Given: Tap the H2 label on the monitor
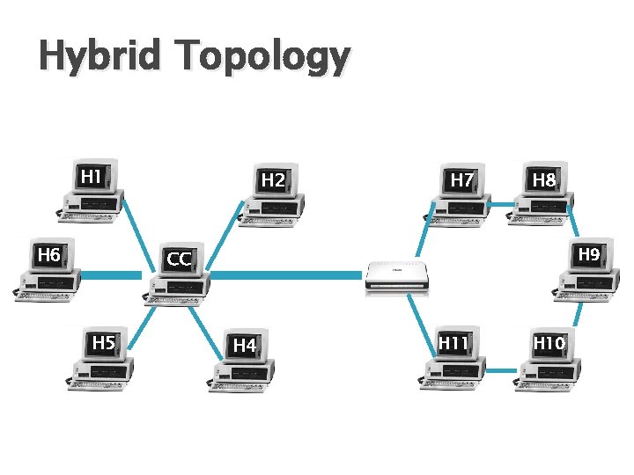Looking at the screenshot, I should [x=273, y=180].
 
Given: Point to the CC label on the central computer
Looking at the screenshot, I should [x=180, y=259].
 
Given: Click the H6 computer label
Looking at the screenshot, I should [x=48, y=255].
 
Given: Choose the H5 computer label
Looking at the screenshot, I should [x=104, y=342].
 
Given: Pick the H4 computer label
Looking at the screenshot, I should [x=244, y=345].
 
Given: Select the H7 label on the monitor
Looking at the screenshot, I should [x=461, y=180].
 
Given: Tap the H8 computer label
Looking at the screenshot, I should [x=544, y=180].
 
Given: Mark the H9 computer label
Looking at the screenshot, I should [x=589, y=254].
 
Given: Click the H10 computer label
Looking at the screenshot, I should [x=549, y=342].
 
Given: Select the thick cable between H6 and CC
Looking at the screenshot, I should [x=111, y=275].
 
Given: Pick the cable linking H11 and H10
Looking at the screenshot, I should [x=500, y=370].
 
